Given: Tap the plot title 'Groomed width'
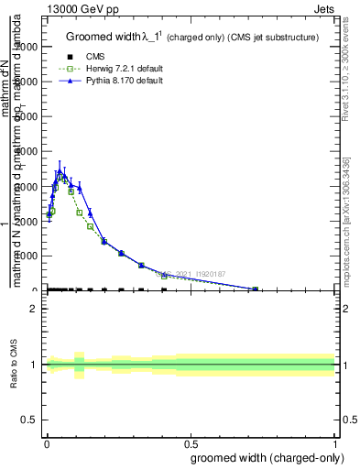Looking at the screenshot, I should coord(103,37).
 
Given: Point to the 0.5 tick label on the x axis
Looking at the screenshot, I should coord(190,442).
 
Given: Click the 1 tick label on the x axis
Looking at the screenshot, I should coord(334,442).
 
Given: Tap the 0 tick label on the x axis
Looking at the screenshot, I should coord(46,442).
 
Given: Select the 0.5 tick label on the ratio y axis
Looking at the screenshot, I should coord(28,420).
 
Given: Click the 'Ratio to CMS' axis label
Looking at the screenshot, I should coord(15,364).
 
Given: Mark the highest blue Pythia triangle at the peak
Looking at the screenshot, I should coord(58,172).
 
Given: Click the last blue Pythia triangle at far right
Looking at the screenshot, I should coord(255,289).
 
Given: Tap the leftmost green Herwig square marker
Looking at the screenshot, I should coord(52,211).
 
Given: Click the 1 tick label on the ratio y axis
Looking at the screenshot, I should coord(33,365).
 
